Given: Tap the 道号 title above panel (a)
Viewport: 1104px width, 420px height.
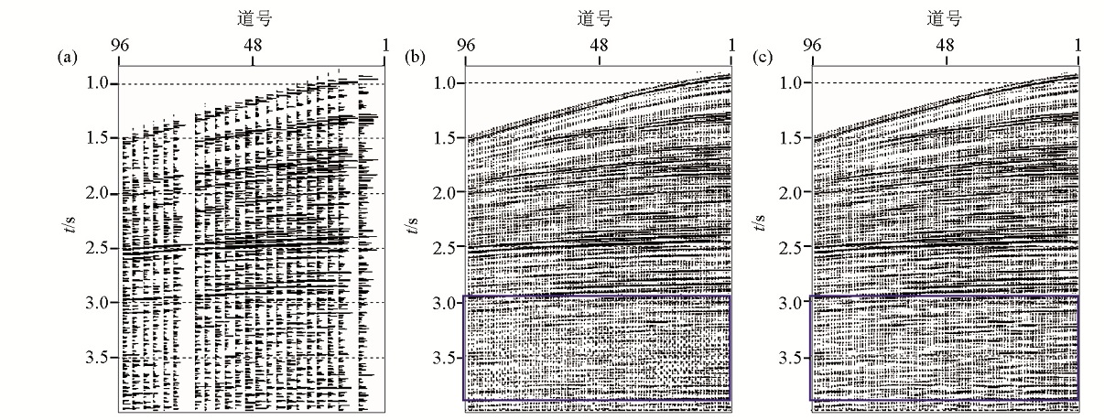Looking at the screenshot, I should [252, 18].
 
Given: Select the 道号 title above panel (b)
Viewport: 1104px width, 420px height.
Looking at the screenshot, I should [599, 18].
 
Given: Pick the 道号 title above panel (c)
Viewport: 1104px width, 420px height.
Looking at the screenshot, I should [945, 18].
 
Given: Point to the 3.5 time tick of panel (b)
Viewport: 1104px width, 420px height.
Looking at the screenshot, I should [446, 357].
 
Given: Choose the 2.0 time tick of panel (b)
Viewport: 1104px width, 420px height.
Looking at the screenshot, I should [446, 193].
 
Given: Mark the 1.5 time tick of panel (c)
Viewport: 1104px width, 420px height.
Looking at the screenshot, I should [792, 138].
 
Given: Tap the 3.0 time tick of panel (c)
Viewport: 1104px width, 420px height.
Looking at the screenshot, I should [792, 302].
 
